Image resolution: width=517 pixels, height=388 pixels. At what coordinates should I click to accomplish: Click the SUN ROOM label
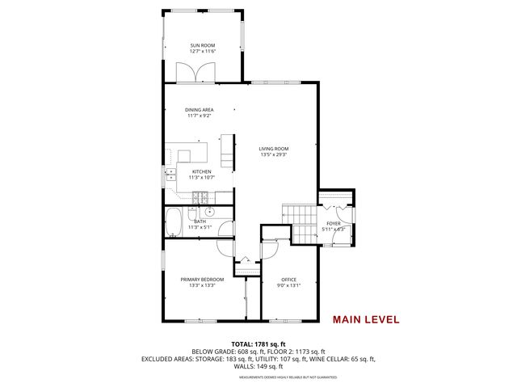click(201, 45)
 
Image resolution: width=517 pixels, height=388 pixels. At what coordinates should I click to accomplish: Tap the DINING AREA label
click(198, 109)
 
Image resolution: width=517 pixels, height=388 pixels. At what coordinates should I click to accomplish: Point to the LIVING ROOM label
click(274, 149)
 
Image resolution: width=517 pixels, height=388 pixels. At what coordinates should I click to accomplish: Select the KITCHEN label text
click(201, 171)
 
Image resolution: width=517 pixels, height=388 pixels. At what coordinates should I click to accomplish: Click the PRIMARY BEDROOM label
click(202, 279)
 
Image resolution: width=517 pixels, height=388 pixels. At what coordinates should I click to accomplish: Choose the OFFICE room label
click(289, 279)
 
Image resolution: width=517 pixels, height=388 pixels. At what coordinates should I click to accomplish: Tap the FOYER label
click(334, 223)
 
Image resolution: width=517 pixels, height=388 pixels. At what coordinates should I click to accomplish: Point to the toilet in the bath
click(192, 213)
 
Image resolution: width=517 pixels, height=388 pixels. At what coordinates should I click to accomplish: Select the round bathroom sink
click(209, 211)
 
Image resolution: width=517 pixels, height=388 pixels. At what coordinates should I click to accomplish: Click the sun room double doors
click(201, 74)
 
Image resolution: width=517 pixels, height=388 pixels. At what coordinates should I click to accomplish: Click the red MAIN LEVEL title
click(366, 318)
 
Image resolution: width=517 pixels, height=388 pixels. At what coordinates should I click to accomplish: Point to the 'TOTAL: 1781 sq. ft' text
click(258, 344)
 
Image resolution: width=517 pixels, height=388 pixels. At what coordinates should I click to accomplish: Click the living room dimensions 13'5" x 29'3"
click(274, 155)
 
